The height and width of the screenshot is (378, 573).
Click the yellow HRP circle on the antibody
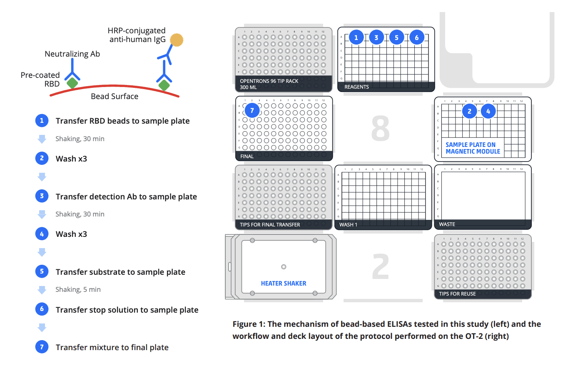pos(177,40)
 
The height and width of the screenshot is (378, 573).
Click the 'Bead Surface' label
pos(115,97)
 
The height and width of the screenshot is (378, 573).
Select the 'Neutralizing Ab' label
pos(72,54)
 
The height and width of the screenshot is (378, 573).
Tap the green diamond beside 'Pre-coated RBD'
pos(72,83)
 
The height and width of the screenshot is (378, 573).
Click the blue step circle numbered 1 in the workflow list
pos(42,121)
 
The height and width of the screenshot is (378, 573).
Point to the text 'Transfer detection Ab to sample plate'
pos(126,196)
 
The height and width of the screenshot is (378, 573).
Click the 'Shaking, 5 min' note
pos(78,289)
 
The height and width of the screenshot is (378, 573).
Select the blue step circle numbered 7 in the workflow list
pos(42,347)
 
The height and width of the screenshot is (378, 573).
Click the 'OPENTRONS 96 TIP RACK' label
pos(269,81)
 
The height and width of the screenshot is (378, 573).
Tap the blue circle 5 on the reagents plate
pos(396,37)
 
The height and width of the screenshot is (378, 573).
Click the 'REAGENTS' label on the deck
pos(356,87)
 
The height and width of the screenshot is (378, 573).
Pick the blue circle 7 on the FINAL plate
pos(252,111)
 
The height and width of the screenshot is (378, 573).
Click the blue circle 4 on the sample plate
pos(488,111)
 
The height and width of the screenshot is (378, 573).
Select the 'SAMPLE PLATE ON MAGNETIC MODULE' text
pos(473,148)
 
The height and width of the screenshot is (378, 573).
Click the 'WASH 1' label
pos(348,225)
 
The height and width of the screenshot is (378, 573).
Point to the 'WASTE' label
pos(447,224)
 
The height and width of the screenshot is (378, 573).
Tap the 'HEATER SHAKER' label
pos(284,283)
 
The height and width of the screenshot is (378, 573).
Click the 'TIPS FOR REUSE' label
pos(457,294)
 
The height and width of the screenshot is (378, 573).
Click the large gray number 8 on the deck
pos(380,129)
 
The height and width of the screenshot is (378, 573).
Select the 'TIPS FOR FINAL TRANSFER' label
pos(270,225)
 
